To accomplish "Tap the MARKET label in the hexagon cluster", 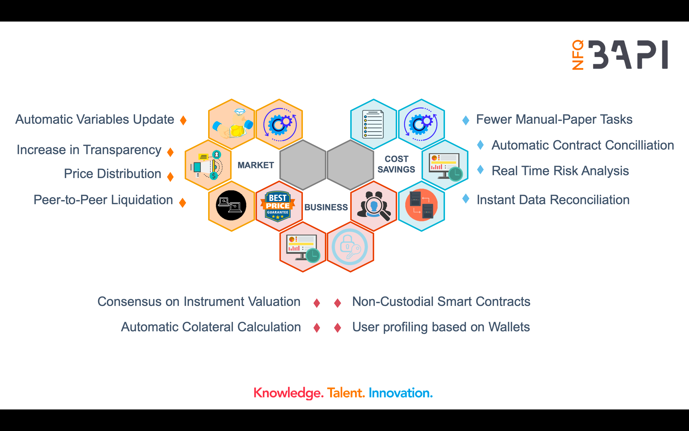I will point(256,165).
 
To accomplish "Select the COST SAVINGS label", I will point(396,164).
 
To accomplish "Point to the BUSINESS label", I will point(326,207).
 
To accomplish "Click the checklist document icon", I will point(373,124).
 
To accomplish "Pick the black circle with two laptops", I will point(231,205).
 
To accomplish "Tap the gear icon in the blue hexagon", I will point(421,124).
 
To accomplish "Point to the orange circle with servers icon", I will point(421,205).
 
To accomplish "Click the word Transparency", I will point(122,150).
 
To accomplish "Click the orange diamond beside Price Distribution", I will point(170,176).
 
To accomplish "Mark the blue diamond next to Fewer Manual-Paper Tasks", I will point(466,120).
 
